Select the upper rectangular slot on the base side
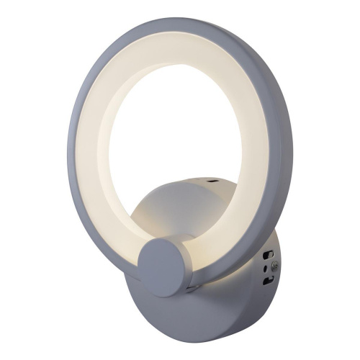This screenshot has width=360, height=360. click(x=268, y=255)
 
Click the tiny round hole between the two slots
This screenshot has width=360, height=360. click(x=265, y=269)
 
